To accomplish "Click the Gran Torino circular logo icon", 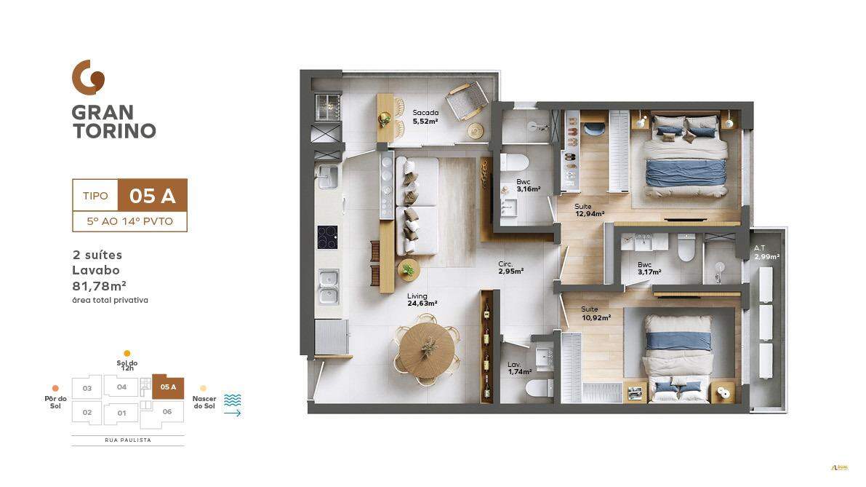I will [x=88, y=77].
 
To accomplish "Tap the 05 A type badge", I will [x=153, y=196].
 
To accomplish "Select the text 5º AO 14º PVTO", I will [x=129, y=221].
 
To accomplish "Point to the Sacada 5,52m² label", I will [x=425, y=116].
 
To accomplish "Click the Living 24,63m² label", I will [x=421, y=299].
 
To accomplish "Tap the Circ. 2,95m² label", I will [x=510, y=267].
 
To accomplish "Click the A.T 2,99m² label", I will [x=766, y=253].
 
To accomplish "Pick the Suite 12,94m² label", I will [x=589, y=210].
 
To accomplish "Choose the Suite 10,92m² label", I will [x=595, y=314].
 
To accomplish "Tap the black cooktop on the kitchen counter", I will [x=326, y=237].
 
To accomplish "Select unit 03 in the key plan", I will [x=87, y=388].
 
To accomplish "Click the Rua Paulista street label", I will [x=127, y=440].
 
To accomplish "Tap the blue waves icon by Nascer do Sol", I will [x=233, y=400].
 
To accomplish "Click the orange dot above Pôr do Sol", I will [x=55, y=388].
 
